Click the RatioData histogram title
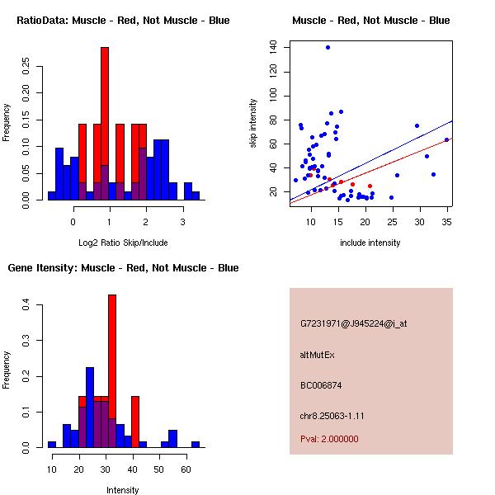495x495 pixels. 123,21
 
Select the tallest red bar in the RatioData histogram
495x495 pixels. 105,124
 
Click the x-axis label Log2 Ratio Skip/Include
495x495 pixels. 122,243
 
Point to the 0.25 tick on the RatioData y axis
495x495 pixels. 26,67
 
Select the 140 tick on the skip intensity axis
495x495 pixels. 273,47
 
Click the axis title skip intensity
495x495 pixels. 253,124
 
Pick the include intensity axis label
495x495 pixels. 370,243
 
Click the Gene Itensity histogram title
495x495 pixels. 123,268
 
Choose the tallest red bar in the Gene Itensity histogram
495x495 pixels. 112,371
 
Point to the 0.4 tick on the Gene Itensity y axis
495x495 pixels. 26,305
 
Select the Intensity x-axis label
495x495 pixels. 122,490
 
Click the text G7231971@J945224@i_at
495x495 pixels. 354,323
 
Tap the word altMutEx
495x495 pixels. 318,355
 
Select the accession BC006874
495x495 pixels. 321,385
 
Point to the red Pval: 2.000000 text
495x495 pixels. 329,439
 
